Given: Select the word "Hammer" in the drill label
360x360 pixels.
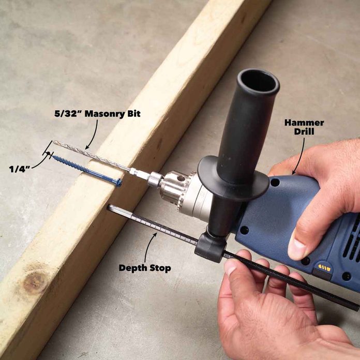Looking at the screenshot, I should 304,123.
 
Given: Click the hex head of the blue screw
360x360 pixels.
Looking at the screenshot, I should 119,182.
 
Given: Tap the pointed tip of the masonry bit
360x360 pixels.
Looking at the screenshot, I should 54,142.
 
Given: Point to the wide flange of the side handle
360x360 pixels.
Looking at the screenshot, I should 233,178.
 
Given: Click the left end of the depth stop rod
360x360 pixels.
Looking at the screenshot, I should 110,207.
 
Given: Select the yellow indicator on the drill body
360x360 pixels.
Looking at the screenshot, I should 324,267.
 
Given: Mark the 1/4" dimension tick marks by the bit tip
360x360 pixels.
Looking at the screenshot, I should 50,154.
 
